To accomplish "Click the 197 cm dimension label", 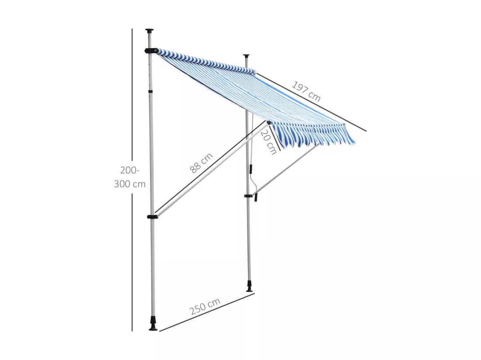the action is [x=306, y=91].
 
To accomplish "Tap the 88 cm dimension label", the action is [x=201, y=163].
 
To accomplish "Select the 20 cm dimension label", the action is [x=269, y=142].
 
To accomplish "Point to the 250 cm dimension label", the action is [x=205, y=306].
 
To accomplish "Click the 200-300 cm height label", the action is [x=129, y=177].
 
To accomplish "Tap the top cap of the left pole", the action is [x=150, y=31].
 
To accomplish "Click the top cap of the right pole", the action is [x=247, y=56].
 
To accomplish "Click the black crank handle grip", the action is [x=255, y=197].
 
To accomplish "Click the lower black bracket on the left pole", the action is [x=152, y=217].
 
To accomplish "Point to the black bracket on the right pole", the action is [x=248, y=195].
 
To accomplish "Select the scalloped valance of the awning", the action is [x=313, y=135].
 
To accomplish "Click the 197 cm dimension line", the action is [x=311, y=102].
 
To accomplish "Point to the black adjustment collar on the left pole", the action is [x=150, y=91].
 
